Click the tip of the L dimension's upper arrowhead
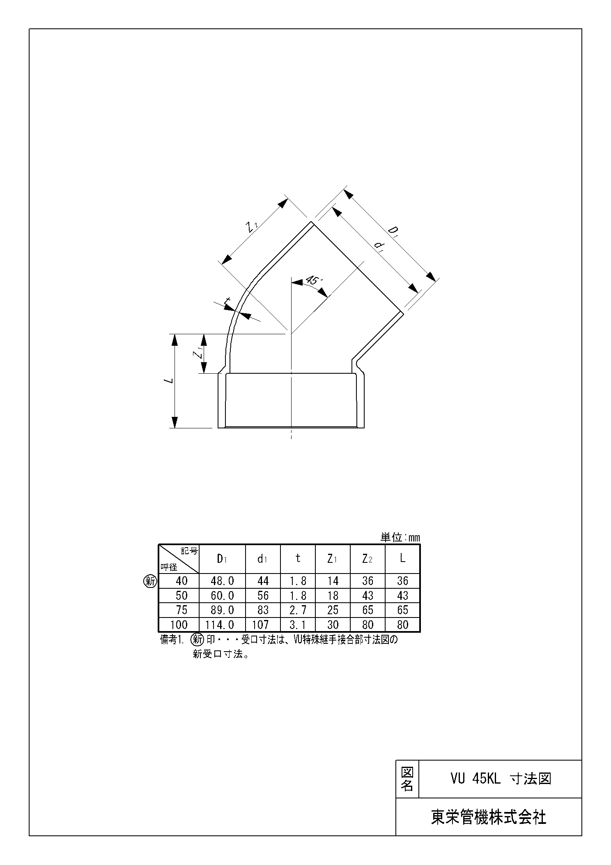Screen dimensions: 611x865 pyautogui.click(x=175, y=334)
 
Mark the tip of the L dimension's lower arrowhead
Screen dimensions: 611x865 pyautogui.click(x=175, y=428)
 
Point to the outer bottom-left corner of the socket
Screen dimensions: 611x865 pyautogui.click(x=218, y=428)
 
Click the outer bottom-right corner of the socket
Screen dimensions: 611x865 pyautogui.click(x=364, y=428)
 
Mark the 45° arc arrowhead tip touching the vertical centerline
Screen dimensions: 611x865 pyautogui.click(x=291, y=282)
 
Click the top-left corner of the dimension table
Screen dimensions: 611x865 pyautogui.click(x=158, y=545)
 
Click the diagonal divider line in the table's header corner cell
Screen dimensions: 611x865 pyautogui.click(x=179, y=559)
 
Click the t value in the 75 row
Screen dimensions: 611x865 pyautogui.click(x=298, y=610)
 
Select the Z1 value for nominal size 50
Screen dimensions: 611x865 pyautogui.click(x=333, y=595)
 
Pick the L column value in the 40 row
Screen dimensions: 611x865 pyautogui.click(x=402, y=581)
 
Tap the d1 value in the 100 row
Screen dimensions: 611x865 pyautogui.click(x=260, y=625)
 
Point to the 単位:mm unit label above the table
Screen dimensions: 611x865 pyautogui.click(x=400, y=538)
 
